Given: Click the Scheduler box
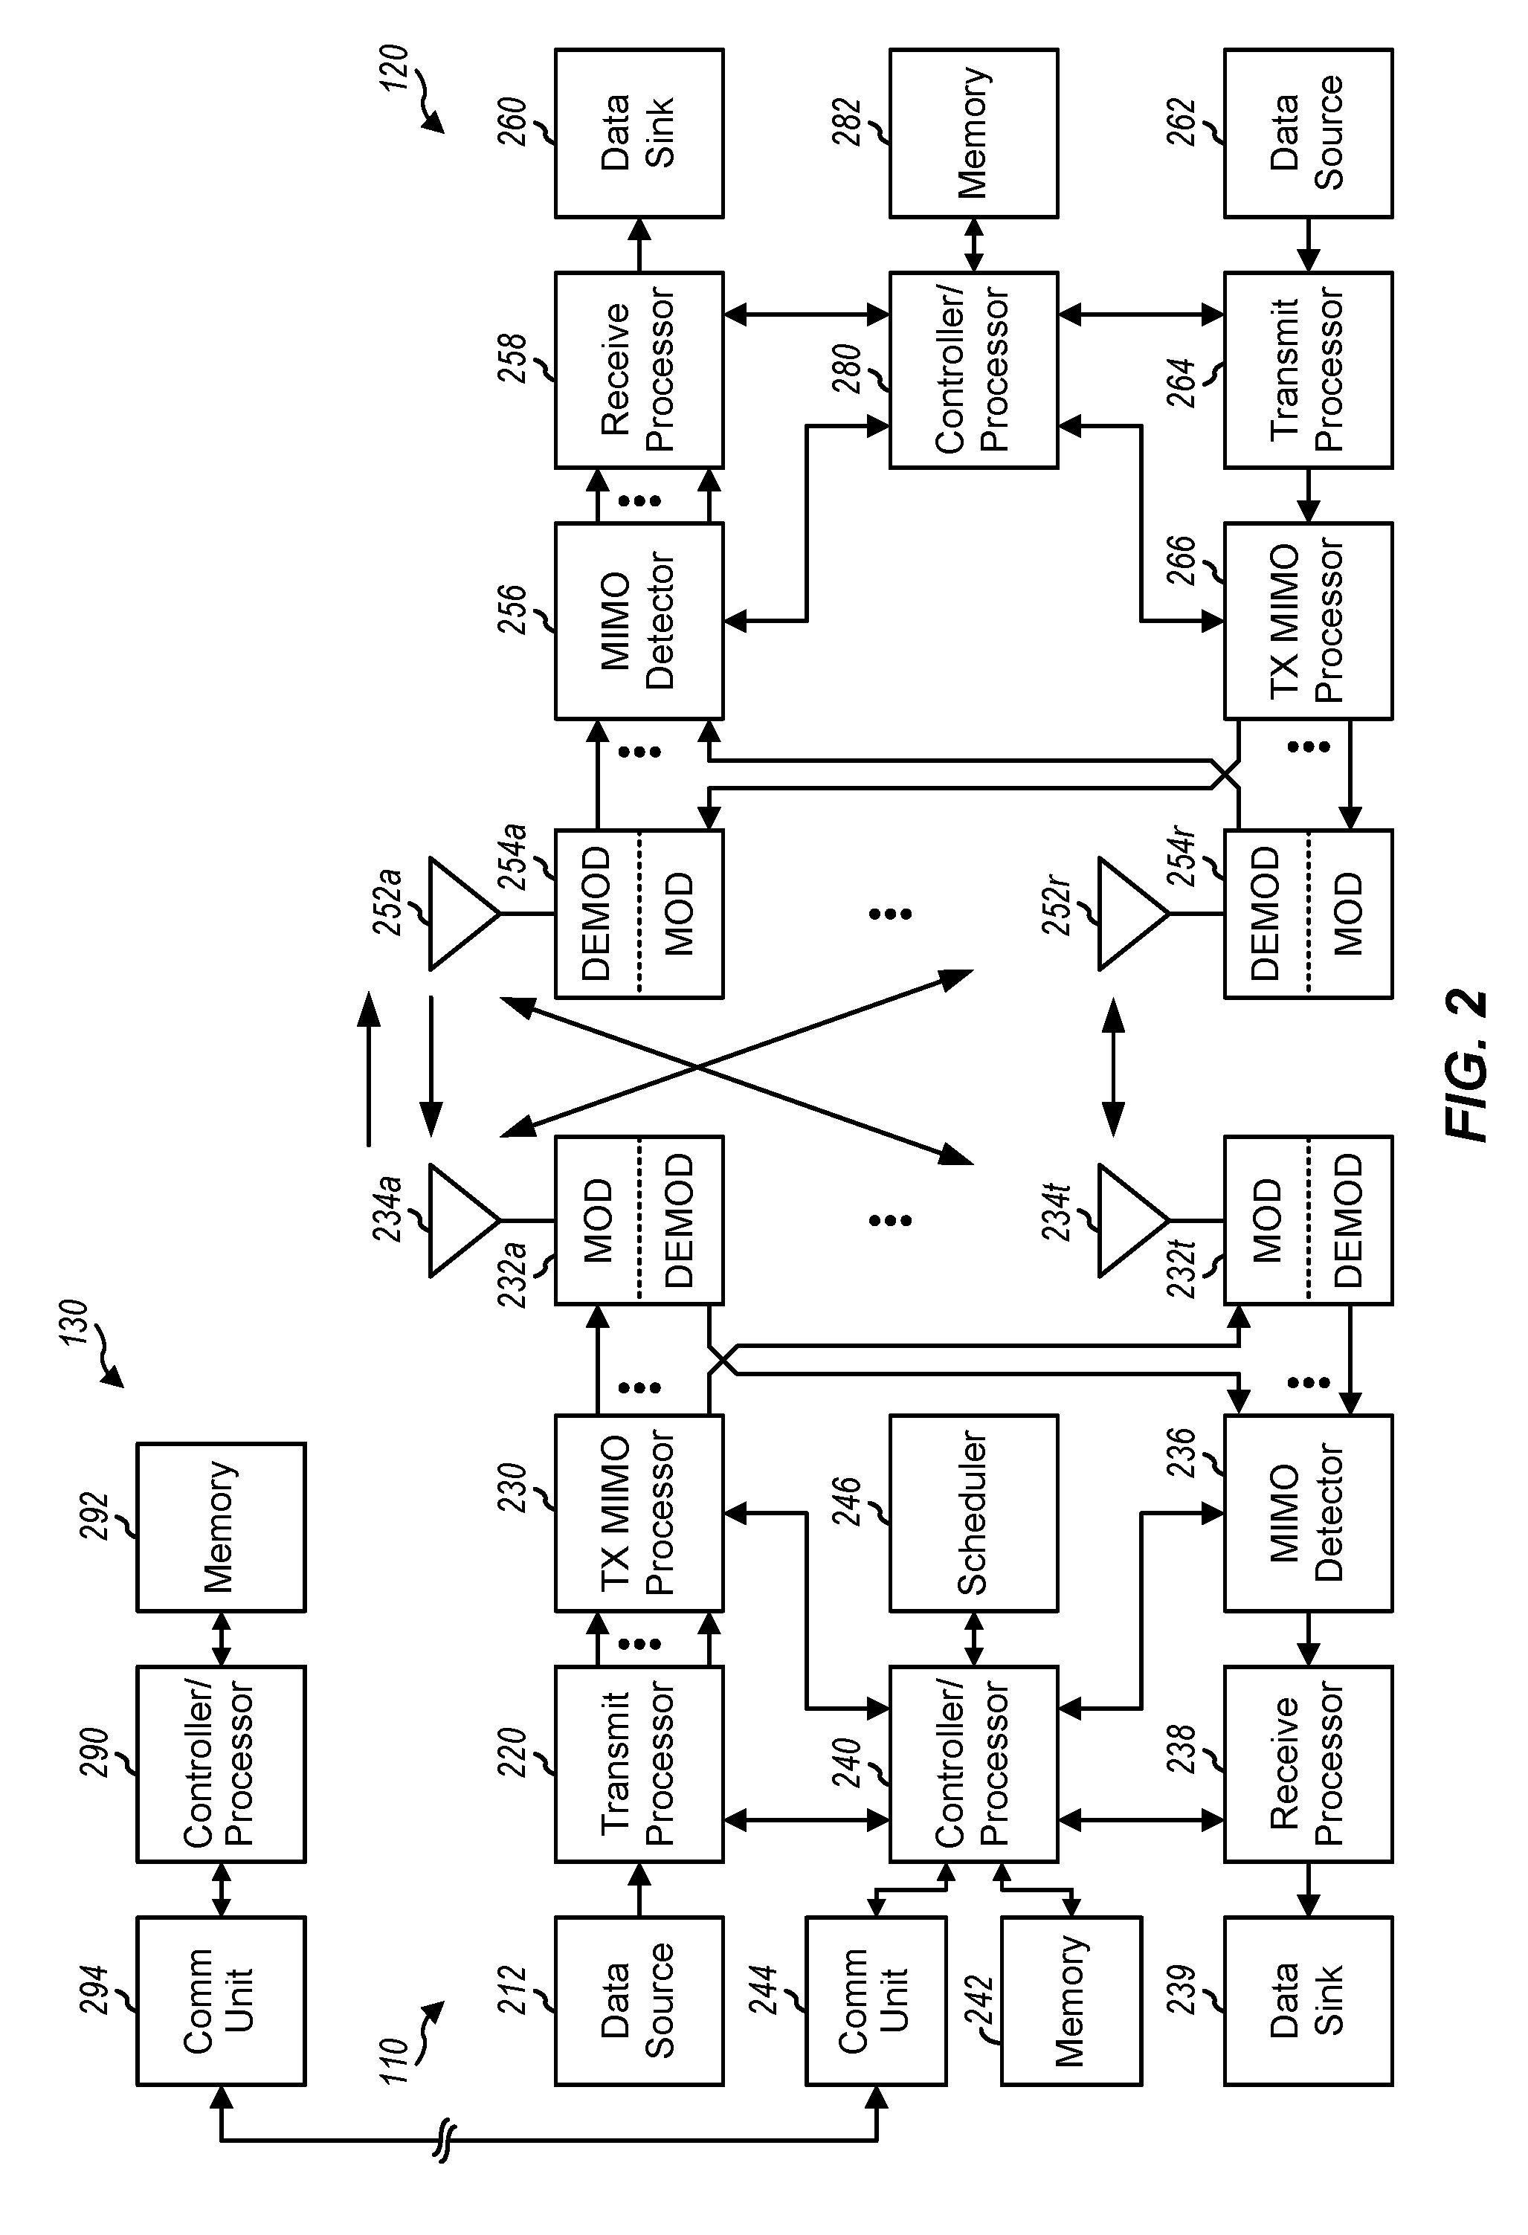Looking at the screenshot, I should pyautogui.click(x=973, y=1513).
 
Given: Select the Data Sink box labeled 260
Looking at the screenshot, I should pyautogui.click(x=639, y=132).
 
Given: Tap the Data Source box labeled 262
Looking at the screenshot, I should pyautogui.click(x=1308, y=132).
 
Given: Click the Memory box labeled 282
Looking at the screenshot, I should pyautogui.click(x=973, y=132).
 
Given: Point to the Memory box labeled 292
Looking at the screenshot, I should pyautogui.click(x=221, y=1526).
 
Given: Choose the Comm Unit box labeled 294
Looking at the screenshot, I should pyautogui.click(x=221, y=2000).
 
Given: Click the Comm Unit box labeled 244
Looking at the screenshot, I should pyautogui.click(x=875, y=2000).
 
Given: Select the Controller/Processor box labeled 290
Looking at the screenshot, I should pyautogui.click(x=221, y=1764).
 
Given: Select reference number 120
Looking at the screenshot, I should pyautogui.click(x=393, y=68).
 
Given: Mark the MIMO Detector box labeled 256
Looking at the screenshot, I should pyautogui.click(x=639, y=620).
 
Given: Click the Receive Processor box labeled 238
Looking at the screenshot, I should pyautogui.click(x=1308, y=1764).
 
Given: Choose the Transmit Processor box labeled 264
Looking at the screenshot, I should pyautogui.click(x=1308, y=370).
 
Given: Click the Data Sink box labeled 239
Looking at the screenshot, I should pyautogui.click(x=1308, y=2000).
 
